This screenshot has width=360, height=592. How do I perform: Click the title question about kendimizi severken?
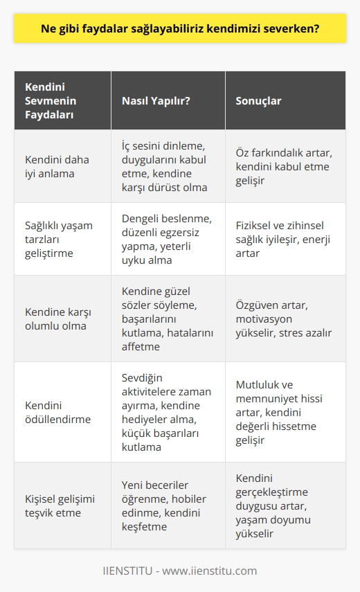pos(180,30)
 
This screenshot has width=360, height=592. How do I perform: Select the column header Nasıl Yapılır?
pos(156,100)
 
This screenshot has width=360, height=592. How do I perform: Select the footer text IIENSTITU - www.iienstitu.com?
pos(180,571)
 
